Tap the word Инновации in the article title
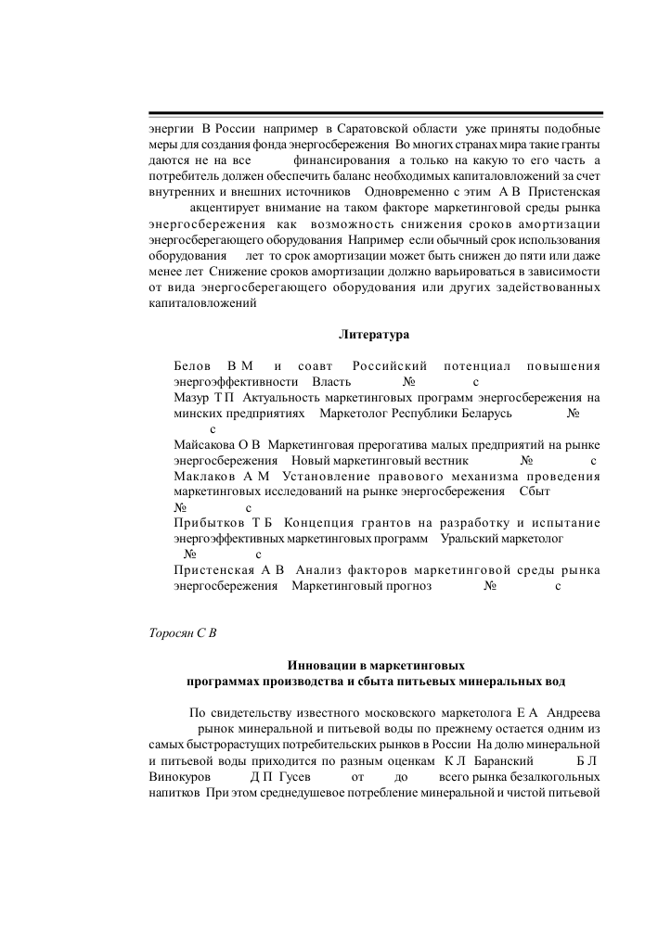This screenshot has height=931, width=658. click(320, 665)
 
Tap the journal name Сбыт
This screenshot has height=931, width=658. click(535, 491)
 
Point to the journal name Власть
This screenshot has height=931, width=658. click(332, 382)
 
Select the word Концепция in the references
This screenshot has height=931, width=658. click(323, 523)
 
